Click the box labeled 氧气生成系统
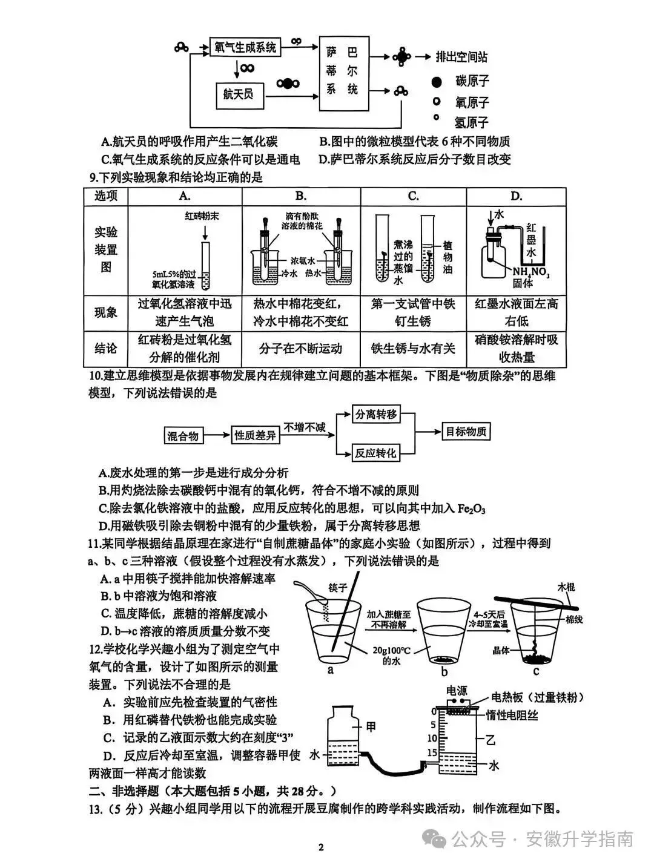click(245, 47)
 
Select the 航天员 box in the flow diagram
click(239, 94)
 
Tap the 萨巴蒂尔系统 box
click(343, 71)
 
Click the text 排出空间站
click(461, 57)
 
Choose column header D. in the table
click(516, 196)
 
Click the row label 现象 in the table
click(106, 312)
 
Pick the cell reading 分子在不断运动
click(300, 348)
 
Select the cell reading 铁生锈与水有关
click(413, 348)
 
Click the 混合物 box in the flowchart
click(183, 435)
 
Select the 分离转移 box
click(375, 415)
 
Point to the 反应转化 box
click(375, 452)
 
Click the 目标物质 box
click(466, 432)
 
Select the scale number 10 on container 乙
click(432, 738)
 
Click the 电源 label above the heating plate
click(457, 691)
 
